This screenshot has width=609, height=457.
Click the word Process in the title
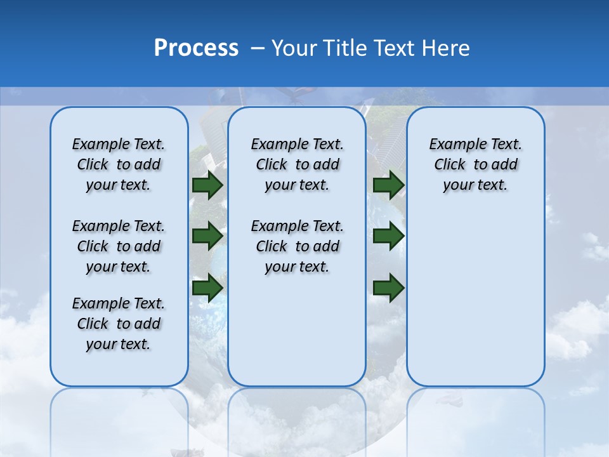point(196,48)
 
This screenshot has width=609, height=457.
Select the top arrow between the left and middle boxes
point(207,185)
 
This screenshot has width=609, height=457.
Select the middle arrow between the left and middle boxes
point(207,236)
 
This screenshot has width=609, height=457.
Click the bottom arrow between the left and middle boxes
point(207,288)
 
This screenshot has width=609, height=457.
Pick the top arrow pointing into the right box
point(388,185)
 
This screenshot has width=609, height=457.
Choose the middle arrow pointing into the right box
point(388,236)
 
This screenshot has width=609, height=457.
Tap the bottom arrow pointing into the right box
point(388,288)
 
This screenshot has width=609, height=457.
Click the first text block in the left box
point(118,164)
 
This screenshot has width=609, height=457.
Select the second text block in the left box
point(118,246)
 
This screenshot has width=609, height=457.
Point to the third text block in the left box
point(118,324)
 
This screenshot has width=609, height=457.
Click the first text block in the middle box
point(297,164)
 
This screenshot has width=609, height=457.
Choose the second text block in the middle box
point(297,246)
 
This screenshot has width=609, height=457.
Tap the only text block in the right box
point(475,164)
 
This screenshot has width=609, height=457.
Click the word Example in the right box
point(455,145)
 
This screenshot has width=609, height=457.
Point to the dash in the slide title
point(258,48)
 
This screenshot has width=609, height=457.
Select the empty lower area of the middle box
point(297,330)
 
